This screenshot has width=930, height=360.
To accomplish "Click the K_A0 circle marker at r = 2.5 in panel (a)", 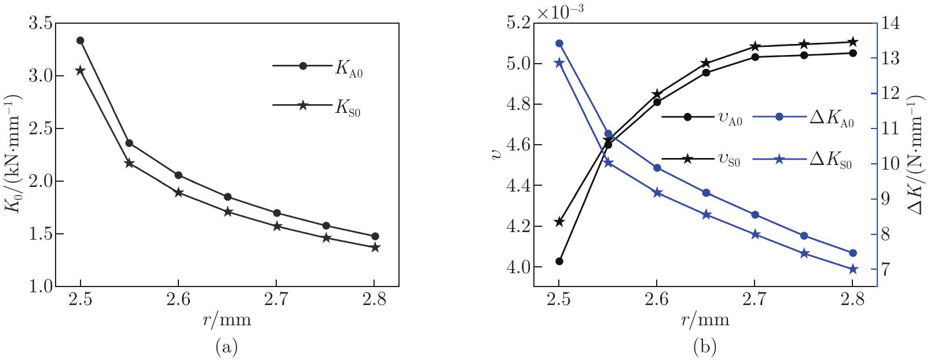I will point(80,41).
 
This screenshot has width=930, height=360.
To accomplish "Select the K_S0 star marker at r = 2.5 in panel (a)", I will point(80,70).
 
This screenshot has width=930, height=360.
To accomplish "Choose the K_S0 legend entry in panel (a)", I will point(317,106).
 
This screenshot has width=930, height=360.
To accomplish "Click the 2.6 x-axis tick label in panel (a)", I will point(178,299).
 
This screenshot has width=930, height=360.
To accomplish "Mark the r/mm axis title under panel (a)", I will point(227,319).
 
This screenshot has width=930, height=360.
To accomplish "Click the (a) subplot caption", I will point(226,347).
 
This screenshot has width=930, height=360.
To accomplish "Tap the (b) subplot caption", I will point(705,347).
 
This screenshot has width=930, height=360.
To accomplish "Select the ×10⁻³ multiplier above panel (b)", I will point(560,13).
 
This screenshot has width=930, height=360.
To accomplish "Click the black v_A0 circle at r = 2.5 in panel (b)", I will point(559,261).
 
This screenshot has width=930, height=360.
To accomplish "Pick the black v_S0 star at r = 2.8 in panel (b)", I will point(852,42).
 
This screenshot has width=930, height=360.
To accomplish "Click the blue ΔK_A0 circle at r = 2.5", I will point(559,43).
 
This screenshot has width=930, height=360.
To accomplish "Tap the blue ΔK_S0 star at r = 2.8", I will point(852,269).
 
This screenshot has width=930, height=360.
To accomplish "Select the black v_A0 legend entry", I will point(702,117).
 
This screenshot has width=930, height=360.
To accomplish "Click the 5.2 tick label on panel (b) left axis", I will point(518,24).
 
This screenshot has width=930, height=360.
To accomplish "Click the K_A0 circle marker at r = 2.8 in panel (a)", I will point(375,236).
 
